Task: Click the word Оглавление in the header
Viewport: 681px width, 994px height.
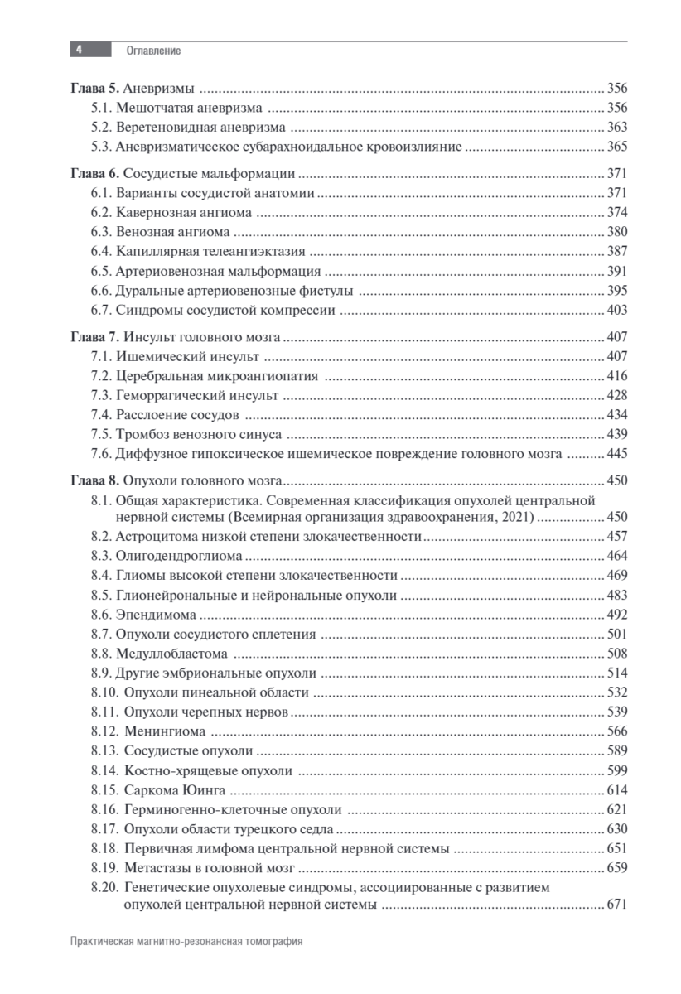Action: (x=153, y=51)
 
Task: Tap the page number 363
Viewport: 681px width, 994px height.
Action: (x=617, y=128)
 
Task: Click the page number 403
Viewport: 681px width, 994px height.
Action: (x=617, y=311)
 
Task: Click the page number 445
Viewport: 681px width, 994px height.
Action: (x=617, y=454)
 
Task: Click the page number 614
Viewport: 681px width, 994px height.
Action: (x=617, y=790)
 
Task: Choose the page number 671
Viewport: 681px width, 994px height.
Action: (x=617, y=905)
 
